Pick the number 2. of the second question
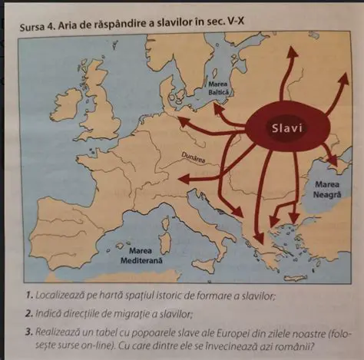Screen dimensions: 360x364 (27, 314)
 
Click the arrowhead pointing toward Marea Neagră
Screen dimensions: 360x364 (333, 163)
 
